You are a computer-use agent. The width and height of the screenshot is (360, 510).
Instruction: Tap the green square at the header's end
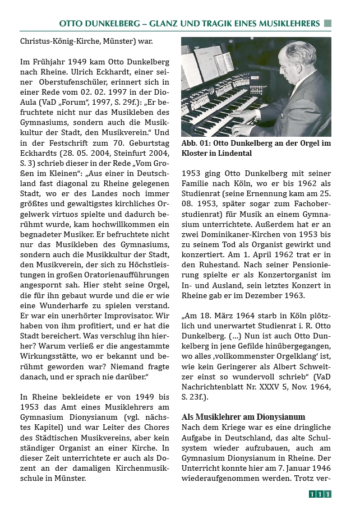click(x=327, y=23)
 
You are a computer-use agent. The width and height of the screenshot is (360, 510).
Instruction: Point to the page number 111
click(x=320, y=494)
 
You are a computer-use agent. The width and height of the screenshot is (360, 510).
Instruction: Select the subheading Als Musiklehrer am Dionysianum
click(x=243, y=417)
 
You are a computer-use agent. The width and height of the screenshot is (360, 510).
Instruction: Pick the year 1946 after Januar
click(x=319, y=468)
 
